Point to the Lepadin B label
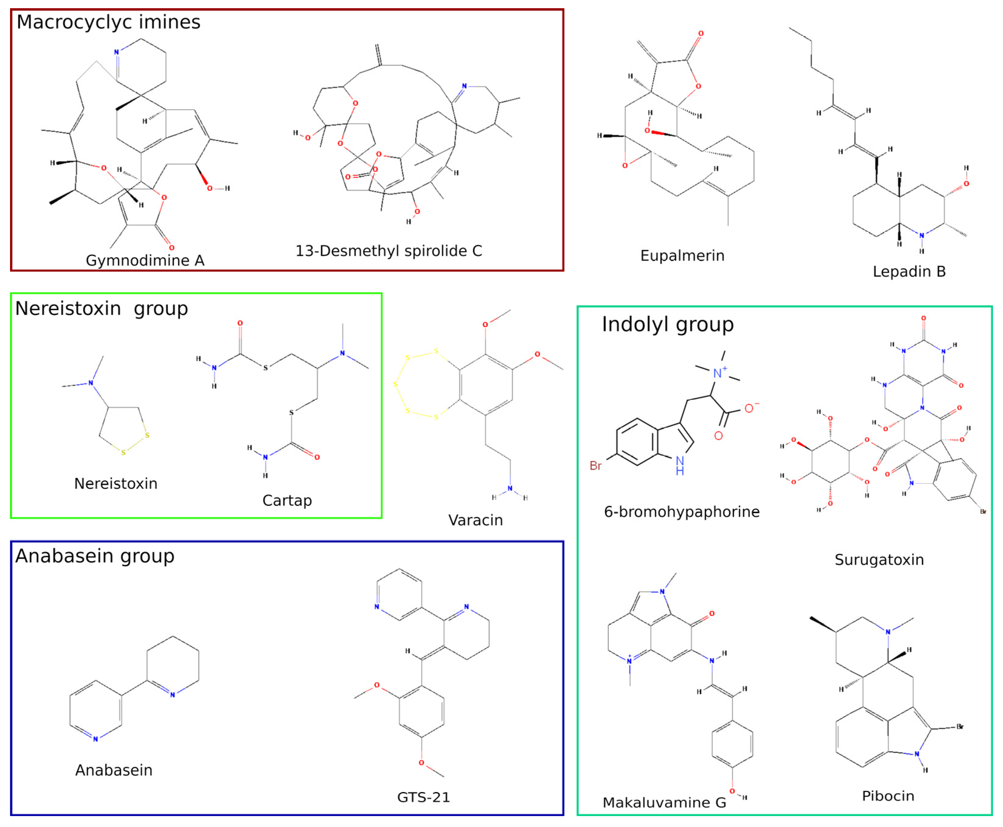click(x=909, y=271)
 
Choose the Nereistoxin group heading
click(x=102, y=308)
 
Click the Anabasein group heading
click(x=95, y=555)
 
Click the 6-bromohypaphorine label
click(x=681, y=512)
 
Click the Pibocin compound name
click(x=888, y=796)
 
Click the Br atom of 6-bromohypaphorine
click(x=595, y=465)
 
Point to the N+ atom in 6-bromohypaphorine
click(x=720, y=373)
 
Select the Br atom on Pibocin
click(x=960, y=726)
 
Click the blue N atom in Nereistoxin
click(x=91, y=383)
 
